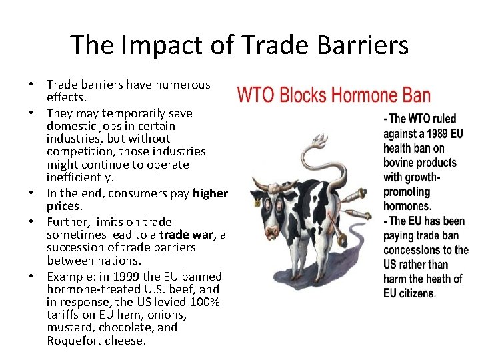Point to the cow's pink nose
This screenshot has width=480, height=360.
coord(271,231)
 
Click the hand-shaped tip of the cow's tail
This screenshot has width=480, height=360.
coord(319,141)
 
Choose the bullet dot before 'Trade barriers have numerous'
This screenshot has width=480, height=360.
coord(31,85)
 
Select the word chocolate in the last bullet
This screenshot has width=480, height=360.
coord(130,327)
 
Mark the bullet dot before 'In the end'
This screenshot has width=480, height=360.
coord(31,193)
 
